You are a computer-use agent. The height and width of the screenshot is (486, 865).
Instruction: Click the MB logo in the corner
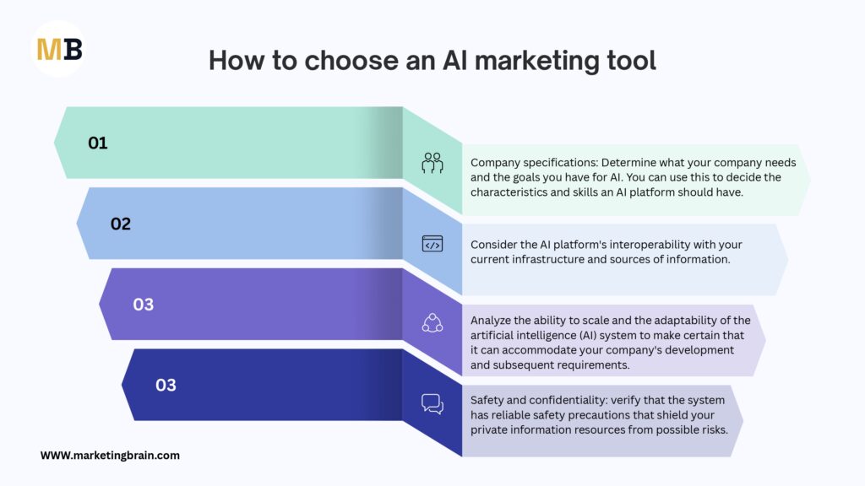click(x=59, y=49)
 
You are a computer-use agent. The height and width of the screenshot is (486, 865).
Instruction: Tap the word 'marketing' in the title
click(x=536, y=61)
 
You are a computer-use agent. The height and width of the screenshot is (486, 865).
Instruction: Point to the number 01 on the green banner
click(x=98, y=143)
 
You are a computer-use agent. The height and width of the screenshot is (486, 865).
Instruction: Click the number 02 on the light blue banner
click(x=121, y=224)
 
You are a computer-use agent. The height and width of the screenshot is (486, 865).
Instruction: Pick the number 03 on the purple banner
click(x=144, y=304)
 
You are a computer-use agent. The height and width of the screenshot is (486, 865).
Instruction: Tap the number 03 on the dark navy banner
click(x=166, y=385)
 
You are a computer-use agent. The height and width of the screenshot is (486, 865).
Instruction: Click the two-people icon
click(x=432, y=163)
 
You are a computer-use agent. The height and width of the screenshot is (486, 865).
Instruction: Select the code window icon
click(x=432, y=244)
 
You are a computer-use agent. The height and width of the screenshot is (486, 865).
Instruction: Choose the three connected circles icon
click(x=432, y=323)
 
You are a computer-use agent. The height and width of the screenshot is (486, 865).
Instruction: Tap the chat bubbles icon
click(x=432, y=404)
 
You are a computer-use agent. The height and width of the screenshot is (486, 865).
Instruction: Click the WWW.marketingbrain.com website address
click(x=110, y=455)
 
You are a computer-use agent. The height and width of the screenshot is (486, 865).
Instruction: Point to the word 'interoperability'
click(x=637, y=245)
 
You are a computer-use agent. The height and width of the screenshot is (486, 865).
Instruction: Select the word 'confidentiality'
click(x=566, y=401)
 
